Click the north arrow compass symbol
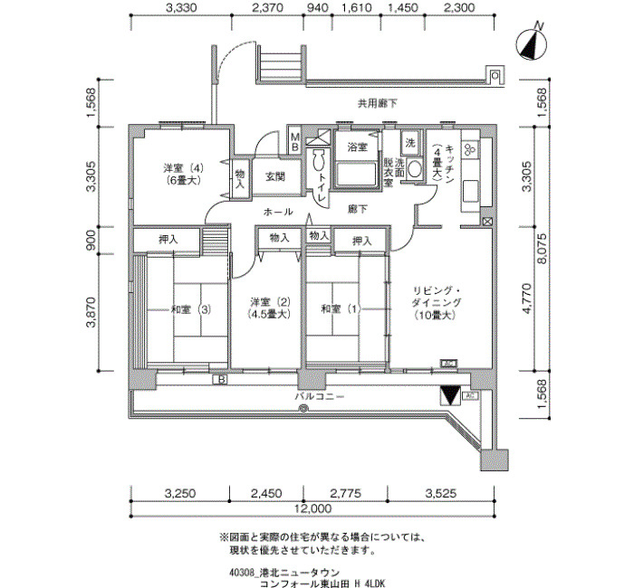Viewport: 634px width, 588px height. coord(533,43)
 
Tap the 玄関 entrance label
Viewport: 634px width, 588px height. coord(275,176)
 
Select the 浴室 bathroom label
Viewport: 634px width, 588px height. coord(357,147)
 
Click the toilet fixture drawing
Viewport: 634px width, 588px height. coord(320,160)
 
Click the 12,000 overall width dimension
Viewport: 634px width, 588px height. coord(313,508)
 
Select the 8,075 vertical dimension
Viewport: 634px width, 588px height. coord(542,248)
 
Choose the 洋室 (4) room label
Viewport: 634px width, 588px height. coord(183,167)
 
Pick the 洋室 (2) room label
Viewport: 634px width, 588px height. coord(271,301)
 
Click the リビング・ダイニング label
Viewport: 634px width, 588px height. coord(437,297)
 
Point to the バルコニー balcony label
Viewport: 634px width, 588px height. coord(320,396)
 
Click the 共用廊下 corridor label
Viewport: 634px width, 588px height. coord(378,104)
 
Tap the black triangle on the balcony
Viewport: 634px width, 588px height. coord(450,396)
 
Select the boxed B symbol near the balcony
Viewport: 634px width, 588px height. coord(220,380)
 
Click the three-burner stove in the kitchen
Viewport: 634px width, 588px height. coord(470,149)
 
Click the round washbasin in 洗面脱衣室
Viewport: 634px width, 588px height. coord(414,169)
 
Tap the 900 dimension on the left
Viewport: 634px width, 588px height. coord(91,240)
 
